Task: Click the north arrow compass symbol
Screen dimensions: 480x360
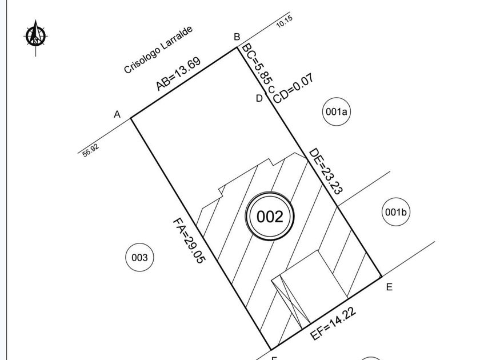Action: pyautogui.click(x=35, y=37)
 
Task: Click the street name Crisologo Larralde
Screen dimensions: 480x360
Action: pyautogui.click(x=158, y=50)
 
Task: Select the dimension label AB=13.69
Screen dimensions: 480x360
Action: pyautogui.click(x=178, y=74)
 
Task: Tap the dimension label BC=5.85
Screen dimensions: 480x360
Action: pyautogui.click(x=257, y=63)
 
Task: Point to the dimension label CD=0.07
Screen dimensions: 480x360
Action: pyautogui.click(x=293, y=89)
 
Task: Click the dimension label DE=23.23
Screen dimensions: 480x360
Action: pyautogui.click(x=326, y=171)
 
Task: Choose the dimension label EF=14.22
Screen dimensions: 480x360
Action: pyautogui.click(x=333, y=323)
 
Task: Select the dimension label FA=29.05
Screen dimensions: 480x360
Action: pyautogui.click(x=189, y=241)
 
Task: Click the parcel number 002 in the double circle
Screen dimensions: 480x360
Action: pyautogui.click(x=270, y=217)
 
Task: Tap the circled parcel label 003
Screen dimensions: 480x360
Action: pyautogui.click(x=139, y=258)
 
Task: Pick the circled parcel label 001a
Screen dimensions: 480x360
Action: pyautogui.click(x=337, y=112)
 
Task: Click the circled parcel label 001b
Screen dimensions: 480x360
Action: pyautogui.click(x=396, y=212)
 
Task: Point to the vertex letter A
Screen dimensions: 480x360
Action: pyautogui.click(x=117, y=114)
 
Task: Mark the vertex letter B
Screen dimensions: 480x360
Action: pyautogui.click(x=237, y=37)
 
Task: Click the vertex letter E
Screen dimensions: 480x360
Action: pyautogui.click(x=389, y=287)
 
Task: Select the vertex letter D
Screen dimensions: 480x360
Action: pyautogui.click(x=259, y=98)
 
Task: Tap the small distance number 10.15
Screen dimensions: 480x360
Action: pyautogui.click(x=285, y=22)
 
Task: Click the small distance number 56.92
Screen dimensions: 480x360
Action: pyautogui.click(x=91, y=150)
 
